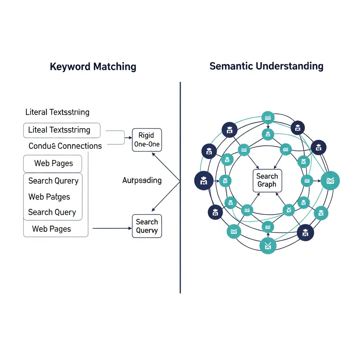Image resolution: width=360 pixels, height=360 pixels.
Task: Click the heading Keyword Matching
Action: (x=93, y=66)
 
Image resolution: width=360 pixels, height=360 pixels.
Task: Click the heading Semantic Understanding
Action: (x=266, y=66)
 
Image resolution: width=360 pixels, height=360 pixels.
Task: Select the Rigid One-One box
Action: (x=147, y=140)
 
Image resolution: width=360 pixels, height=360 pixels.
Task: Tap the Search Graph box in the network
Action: (x=267, y=180)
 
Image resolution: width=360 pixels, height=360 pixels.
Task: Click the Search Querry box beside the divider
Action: (x=147, y=226)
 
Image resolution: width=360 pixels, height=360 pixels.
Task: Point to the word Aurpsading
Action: (x=142, y=180)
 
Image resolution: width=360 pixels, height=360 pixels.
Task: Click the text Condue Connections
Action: (x=65, y=146)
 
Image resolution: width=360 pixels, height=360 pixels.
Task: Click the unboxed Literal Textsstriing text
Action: (x=57, y=112)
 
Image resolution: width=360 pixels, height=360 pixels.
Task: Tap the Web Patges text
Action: (x=49, y=197)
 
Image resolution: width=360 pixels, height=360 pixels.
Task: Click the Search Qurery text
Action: (x=53, y=181)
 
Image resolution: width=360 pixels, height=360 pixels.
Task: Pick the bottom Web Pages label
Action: (x=51, y=229)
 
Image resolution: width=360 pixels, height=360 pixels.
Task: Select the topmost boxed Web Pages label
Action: (x=53, y=163)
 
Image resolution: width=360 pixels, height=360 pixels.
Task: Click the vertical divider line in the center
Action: (x=180, y=246)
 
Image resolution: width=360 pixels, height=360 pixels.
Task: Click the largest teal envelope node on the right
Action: (x=330, y=181)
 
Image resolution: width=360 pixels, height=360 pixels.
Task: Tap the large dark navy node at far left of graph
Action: (x=204, y=181)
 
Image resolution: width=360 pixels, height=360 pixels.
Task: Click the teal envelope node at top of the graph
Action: (x=268, y=117)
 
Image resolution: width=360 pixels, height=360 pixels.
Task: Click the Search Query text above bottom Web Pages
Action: (x=52, y=212)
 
